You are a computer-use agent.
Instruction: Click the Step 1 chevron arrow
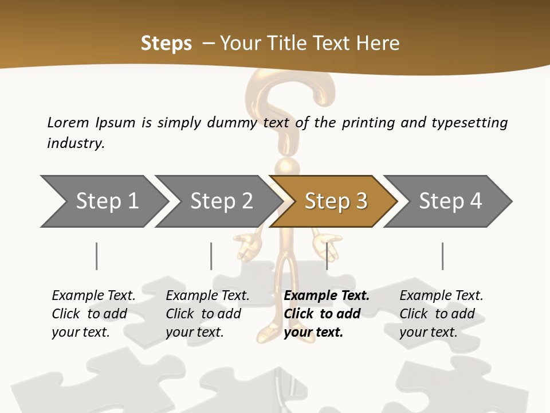[103, 201]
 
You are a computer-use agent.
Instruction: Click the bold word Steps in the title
[166, 44]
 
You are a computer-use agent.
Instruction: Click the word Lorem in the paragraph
[68, 122]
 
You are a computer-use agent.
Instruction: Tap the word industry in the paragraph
[76, 143]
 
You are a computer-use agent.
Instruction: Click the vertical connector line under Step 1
[96, 256]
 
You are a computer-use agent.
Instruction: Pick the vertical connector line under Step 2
[211, 256]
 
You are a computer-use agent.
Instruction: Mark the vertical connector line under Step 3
[327, 256]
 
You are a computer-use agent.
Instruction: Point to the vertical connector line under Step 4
[442, 256]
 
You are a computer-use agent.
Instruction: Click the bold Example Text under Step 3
[327, 296]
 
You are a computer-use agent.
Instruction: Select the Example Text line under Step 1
[93, 296]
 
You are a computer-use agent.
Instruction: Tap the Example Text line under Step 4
[441, 296]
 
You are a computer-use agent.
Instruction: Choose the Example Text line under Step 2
[207, 296]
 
